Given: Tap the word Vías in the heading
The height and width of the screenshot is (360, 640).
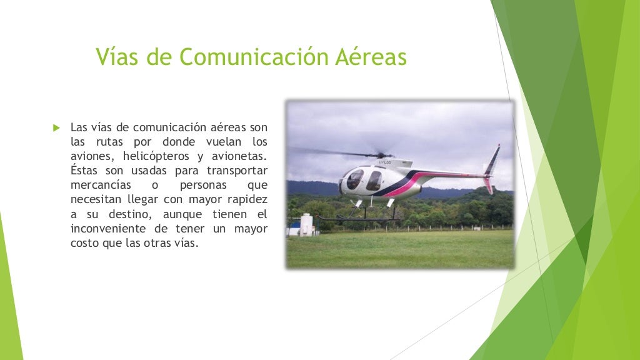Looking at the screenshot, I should pos(117,57).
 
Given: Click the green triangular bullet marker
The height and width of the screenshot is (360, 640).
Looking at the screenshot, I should pos(56,128).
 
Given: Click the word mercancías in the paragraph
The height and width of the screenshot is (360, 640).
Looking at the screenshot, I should pos(101,185).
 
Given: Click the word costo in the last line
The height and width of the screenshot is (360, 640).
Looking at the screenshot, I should pos(85,243).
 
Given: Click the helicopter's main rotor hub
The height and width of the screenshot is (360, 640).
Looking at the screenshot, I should pos(382,154).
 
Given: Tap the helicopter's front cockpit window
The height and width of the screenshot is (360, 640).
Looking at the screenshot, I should pos(354,180).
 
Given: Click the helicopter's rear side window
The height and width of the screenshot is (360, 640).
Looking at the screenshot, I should pos(374,181).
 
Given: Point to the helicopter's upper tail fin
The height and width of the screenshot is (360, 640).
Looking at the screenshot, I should pos(494,158).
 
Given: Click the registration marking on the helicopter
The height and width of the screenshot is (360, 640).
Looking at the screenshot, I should pos(385,163).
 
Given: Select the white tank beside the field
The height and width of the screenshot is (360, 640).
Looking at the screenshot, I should pos(306,224).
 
